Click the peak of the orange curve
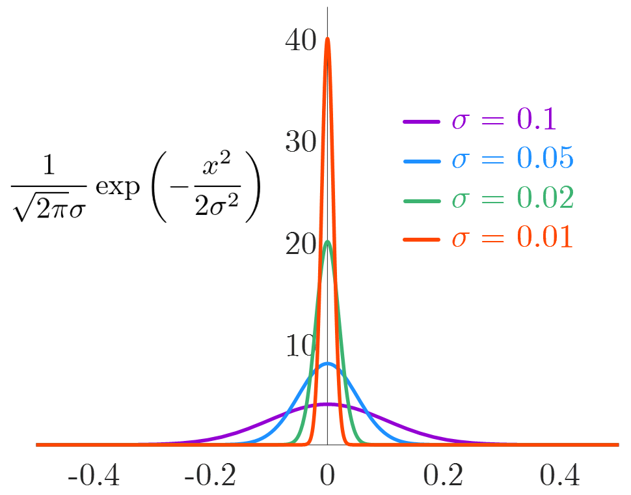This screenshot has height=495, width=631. click(x=327, y=38)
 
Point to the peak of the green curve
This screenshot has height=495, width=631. click(x=327, y=242)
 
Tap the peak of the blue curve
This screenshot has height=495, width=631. click(x=327, y=364)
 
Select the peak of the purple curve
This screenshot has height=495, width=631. click(x=327, y=404)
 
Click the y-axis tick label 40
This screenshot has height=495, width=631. click(x=300, y=40)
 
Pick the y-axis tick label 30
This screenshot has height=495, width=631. click(x=300, y=141)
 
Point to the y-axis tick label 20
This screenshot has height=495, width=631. click(x=300, y=244)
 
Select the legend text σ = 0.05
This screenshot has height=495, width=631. click(x=513, y=160)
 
